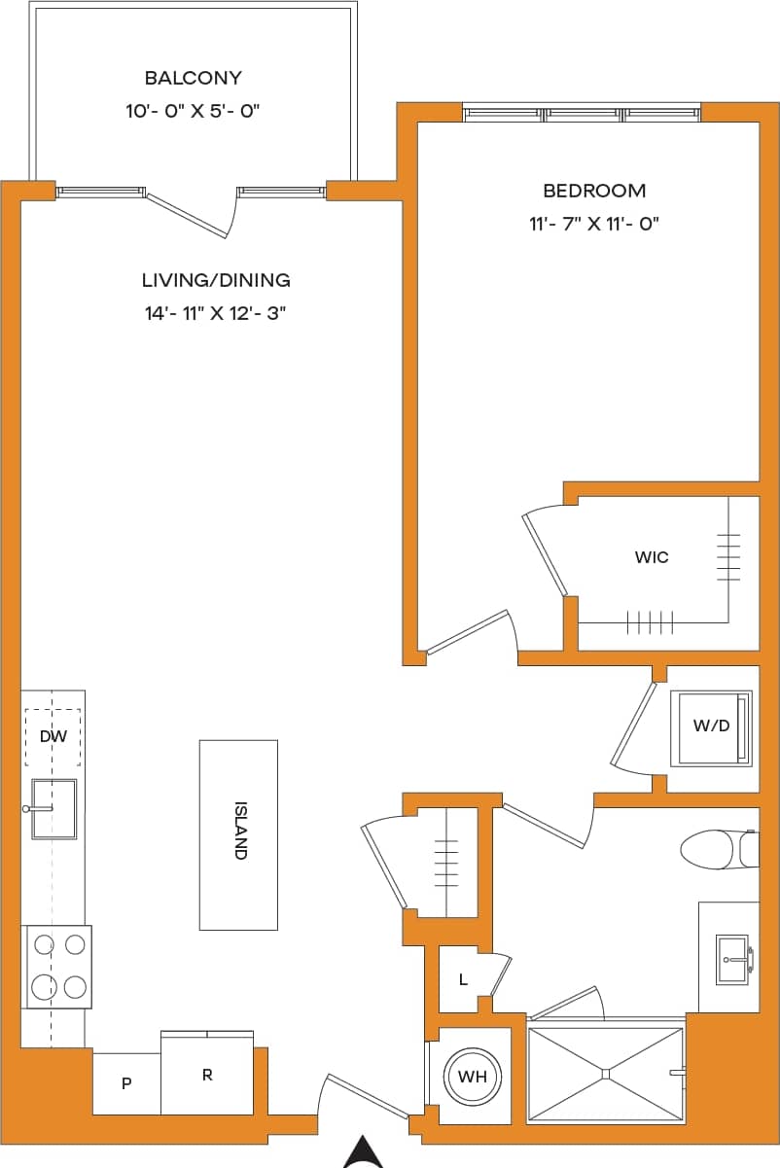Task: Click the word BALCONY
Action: point(193,78)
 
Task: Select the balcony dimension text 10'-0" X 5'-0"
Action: point(193,111)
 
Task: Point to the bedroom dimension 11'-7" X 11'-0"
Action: point(594,224)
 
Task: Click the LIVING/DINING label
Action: point(216,280)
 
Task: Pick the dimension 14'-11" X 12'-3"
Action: point(216,313)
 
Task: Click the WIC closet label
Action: point(651,557)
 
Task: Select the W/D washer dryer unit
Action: point(711,726)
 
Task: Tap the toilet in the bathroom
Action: point(716,849)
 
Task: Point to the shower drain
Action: point(605,1074)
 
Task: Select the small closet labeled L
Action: point(463,979)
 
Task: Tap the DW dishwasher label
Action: point(53,736)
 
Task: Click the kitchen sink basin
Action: point(54,808)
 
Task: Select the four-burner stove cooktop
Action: point(58,966)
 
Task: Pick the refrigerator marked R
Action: point(207,1075)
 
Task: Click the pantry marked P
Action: point(126,1083)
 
